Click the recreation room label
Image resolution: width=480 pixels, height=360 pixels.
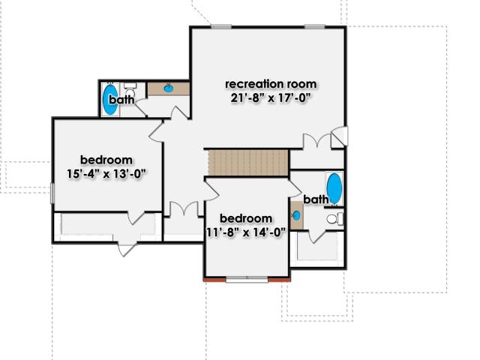pos(271,84)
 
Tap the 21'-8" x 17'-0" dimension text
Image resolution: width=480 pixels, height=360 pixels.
pos(271,98)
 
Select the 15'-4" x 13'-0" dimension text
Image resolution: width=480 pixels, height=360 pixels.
pos(106,174)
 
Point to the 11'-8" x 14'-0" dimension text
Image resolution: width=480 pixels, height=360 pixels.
pos(247,232)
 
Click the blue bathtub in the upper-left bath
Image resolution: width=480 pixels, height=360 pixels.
pos(109,100)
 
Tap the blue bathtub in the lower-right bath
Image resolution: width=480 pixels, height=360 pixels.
pos(334,188)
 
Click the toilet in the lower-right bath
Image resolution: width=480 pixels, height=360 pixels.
pos(334,219)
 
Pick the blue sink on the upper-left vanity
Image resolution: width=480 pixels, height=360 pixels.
pos(168,88)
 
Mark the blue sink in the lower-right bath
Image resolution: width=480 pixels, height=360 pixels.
pos(296,216)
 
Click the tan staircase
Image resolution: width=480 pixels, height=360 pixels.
pos(248,163)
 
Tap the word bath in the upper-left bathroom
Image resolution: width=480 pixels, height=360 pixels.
pos(121,100)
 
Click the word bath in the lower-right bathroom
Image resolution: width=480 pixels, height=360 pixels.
pos(316,199)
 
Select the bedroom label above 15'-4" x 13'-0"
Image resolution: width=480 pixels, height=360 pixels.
pos(106,160)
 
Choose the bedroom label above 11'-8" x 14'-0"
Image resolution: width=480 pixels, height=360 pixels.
pos(246,218)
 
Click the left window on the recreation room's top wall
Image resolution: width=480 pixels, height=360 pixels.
pos(221,27)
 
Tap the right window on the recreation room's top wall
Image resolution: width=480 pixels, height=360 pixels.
pos(314,27)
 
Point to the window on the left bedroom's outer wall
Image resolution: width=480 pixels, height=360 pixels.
pos(52,193)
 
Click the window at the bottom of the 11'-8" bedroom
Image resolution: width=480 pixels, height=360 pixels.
pos(247,279)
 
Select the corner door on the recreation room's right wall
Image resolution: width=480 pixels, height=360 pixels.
pos(340,136)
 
